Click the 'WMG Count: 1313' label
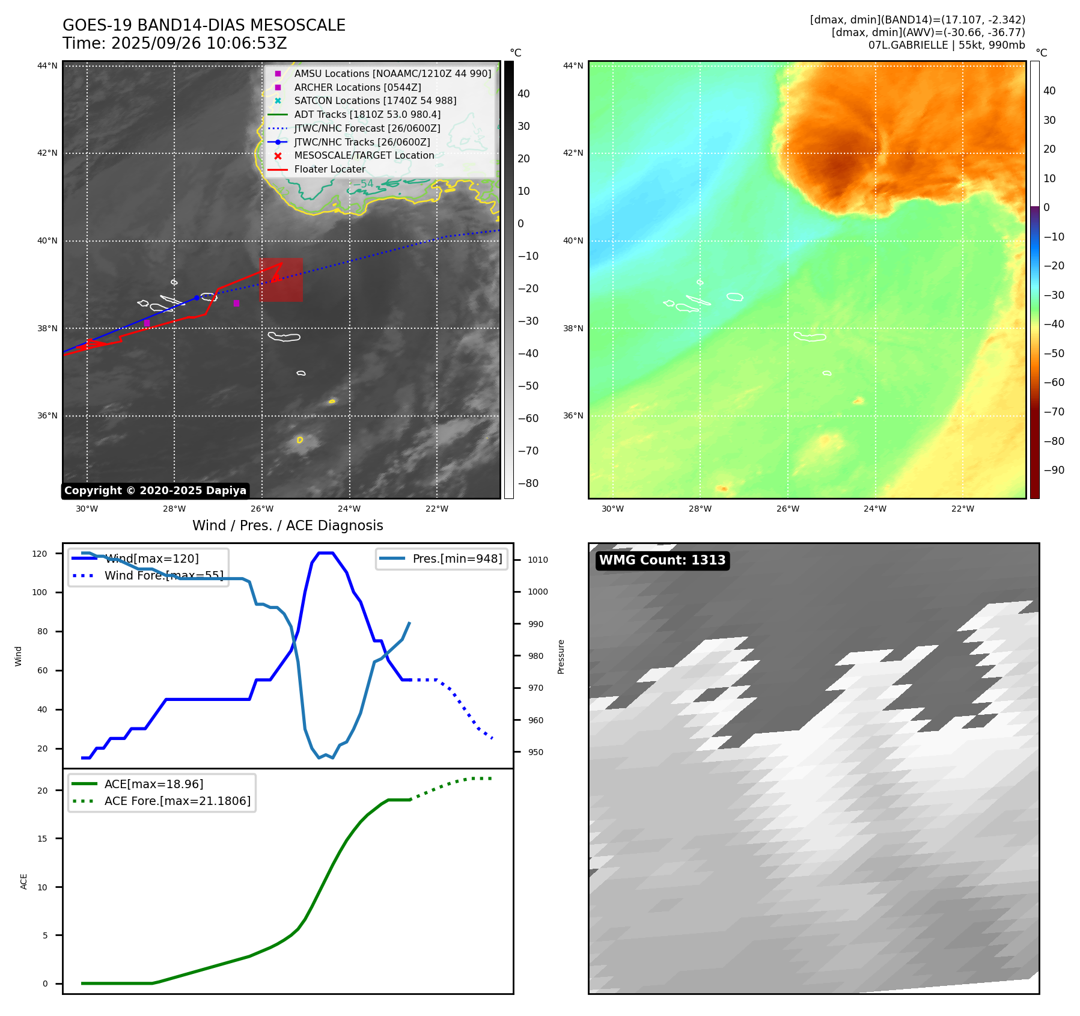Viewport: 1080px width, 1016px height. pos(662,560)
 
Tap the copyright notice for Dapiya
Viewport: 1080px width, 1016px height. pos(155,491)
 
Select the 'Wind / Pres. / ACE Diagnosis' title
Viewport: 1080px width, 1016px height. pos(287,525)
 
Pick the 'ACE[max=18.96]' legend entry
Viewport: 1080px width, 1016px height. pos(153,784)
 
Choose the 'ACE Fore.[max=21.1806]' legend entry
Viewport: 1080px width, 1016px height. pos(177,801)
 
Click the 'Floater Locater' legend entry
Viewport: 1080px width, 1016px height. pos(329,170)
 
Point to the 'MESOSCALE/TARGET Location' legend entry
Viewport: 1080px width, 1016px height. pos(364,156)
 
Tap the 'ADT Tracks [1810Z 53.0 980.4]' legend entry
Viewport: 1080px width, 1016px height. pos(367,114)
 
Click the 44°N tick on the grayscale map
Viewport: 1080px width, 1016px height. pos(47,66)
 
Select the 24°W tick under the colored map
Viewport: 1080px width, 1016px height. pos(875,509)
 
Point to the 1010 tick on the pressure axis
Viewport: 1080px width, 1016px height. pos(537,560)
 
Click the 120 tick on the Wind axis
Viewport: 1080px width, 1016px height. pos(40,554)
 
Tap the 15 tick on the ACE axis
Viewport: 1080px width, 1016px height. pos(42,839)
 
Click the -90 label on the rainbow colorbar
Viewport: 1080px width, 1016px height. pos(1054,470)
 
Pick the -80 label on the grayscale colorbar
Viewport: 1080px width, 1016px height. pos(528,483)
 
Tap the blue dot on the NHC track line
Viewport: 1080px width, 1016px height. pos(197,298)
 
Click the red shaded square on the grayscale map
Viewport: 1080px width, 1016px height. pos(281,280)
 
